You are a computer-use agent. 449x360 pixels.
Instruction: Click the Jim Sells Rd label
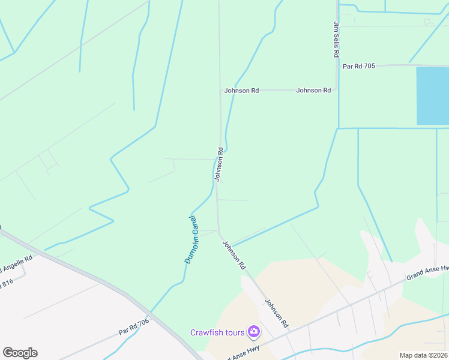[336, 40]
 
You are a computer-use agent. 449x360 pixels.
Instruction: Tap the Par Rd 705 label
[359, 66]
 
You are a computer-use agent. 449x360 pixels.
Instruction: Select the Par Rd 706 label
[133, 327]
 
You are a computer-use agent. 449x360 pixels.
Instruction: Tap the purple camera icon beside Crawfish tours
[254, 331]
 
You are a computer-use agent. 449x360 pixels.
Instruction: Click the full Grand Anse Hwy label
[427, 273]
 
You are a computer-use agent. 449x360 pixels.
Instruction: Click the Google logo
[20, 353]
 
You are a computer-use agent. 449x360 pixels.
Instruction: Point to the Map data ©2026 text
[423, 355]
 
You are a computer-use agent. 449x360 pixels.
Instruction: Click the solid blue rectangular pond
[432, 96]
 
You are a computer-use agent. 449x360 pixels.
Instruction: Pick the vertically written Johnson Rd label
[220, 164]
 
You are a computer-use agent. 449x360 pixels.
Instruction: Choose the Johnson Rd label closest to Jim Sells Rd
[313, 91]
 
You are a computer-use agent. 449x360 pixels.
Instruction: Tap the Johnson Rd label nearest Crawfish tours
[277, 313]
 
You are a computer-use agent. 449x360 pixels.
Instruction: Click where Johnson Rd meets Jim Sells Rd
[336, 91]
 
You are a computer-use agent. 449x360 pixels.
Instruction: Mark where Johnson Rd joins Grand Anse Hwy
[291, 331]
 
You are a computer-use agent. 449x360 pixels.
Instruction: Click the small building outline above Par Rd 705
[428, 22]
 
